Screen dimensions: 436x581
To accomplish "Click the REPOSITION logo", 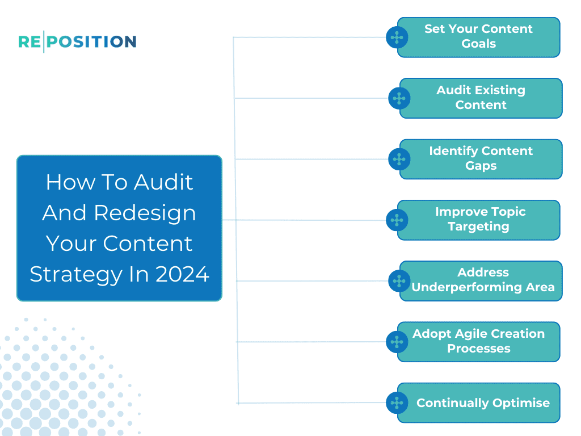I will click(77, 41).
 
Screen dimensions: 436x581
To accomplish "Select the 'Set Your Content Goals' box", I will click(479, 37).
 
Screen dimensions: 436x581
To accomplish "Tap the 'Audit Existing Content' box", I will click(481, 98).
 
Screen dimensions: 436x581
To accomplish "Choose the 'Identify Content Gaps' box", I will click(481, 159).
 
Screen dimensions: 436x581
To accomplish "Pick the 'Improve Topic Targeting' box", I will click(479, 220).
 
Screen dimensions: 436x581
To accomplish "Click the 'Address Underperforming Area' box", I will click(482, 280).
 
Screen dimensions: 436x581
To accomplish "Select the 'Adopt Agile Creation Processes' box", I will click(479, 342).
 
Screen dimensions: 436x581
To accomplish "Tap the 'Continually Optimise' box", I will click(482, 403).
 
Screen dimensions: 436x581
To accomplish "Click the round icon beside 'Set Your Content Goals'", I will click(397, 37).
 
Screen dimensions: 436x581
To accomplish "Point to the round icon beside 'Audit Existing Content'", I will click(399, 98).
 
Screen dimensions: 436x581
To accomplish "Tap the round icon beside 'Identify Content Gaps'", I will click(399, 160).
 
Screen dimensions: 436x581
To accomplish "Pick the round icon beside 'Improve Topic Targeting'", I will click(397, 220).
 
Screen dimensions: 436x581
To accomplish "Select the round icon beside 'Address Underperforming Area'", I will click(399, 281).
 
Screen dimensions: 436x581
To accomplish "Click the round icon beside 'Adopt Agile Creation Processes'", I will click(397, 342).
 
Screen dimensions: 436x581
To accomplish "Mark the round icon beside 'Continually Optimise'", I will click(397, 403).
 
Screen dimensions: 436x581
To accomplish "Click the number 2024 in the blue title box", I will click(182, 274).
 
